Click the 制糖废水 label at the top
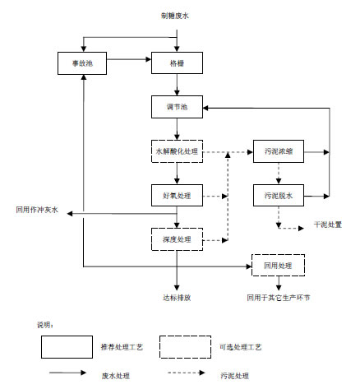tap(175, 16)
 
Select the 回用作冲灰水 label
tap(37, 210)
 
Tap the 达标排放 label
tap(177, 298)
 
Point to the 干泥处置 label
tap(328, 225)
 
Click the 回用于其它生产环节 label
tap(279, 298)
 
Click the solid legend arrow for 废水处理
tap(67, 373)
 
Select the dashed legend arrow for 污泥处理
tap(187, 373)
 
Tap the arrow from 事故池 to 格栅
tap(129, 59)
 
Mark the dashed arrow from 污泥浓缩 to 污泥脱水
tap(279, 174)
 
